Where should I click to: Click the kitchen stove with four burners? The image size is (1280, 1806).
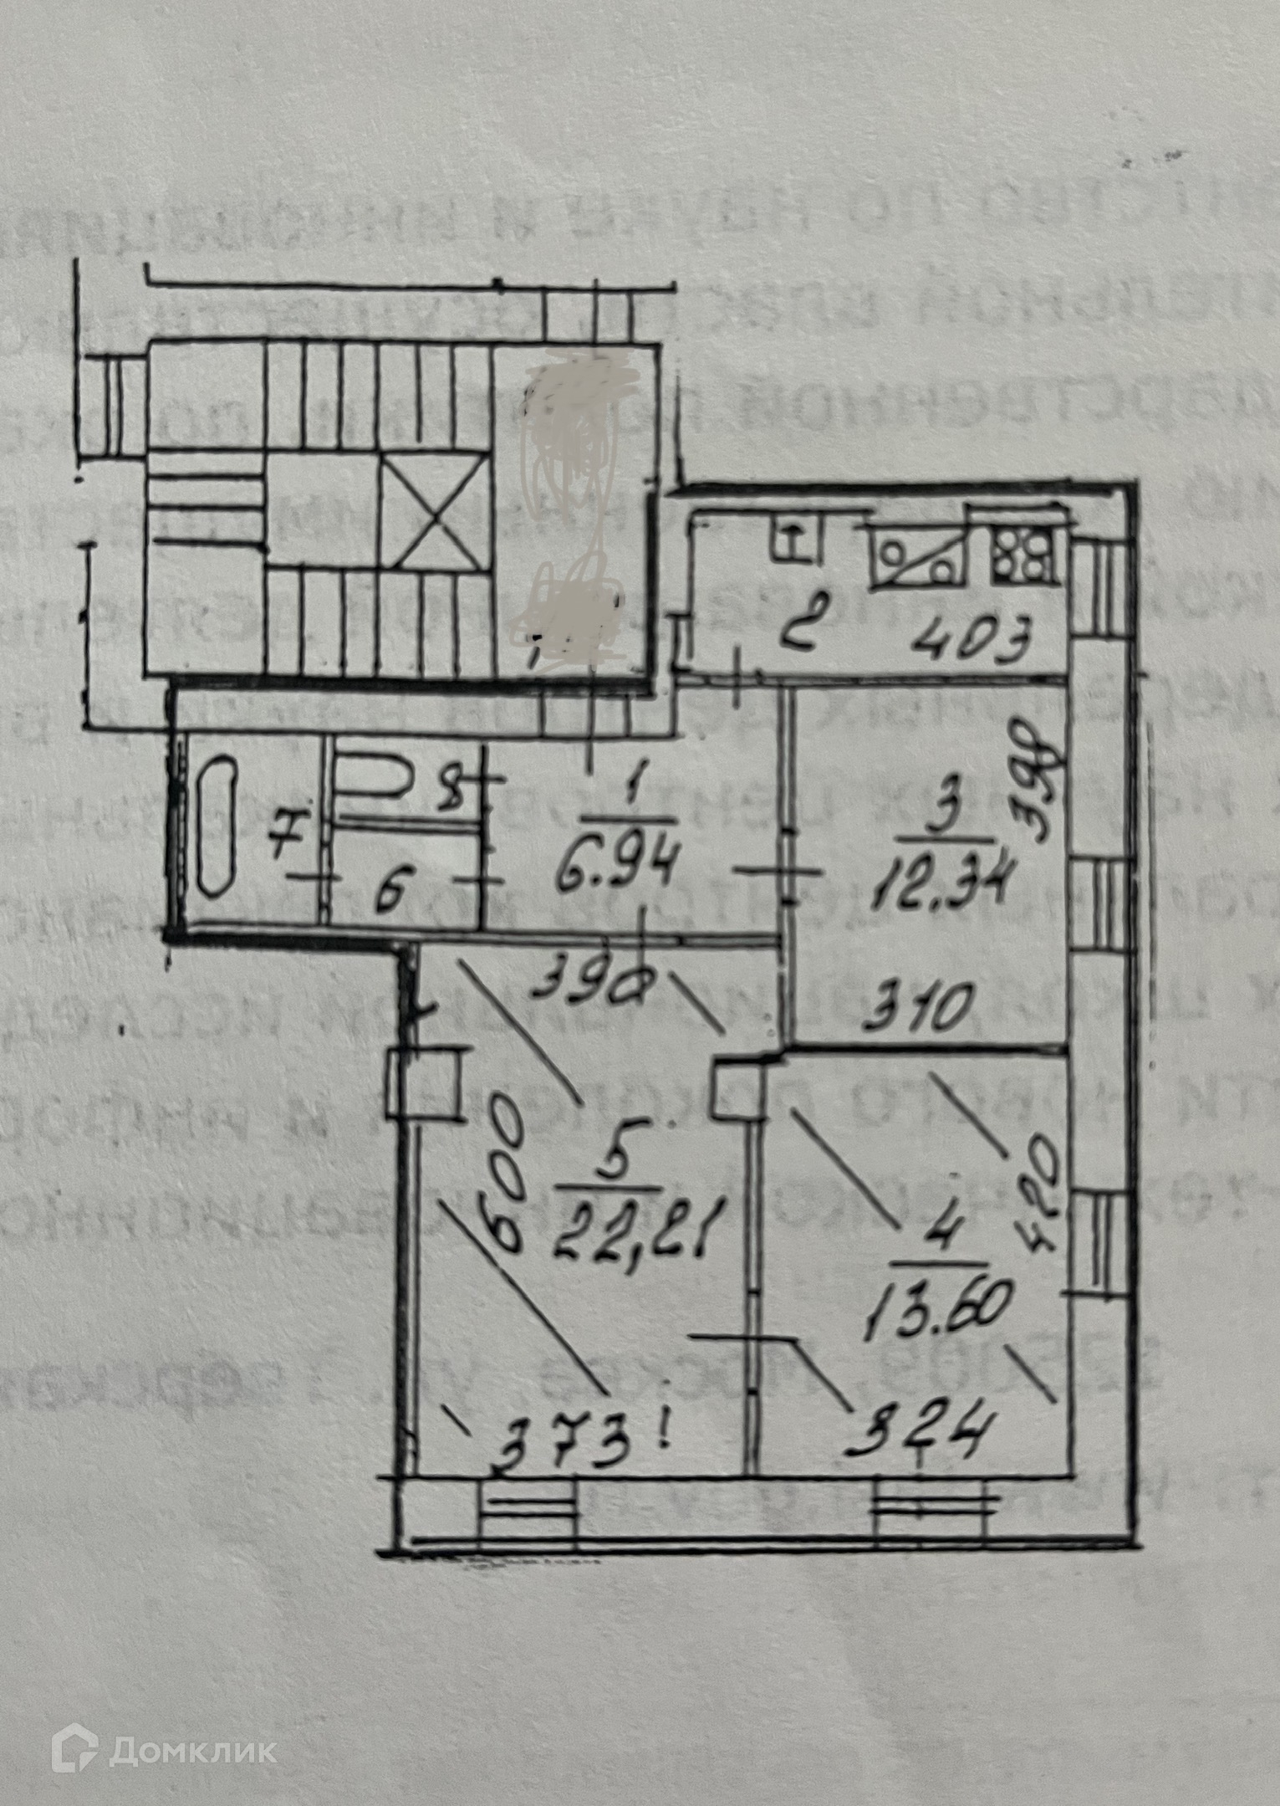(1022, 556)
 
